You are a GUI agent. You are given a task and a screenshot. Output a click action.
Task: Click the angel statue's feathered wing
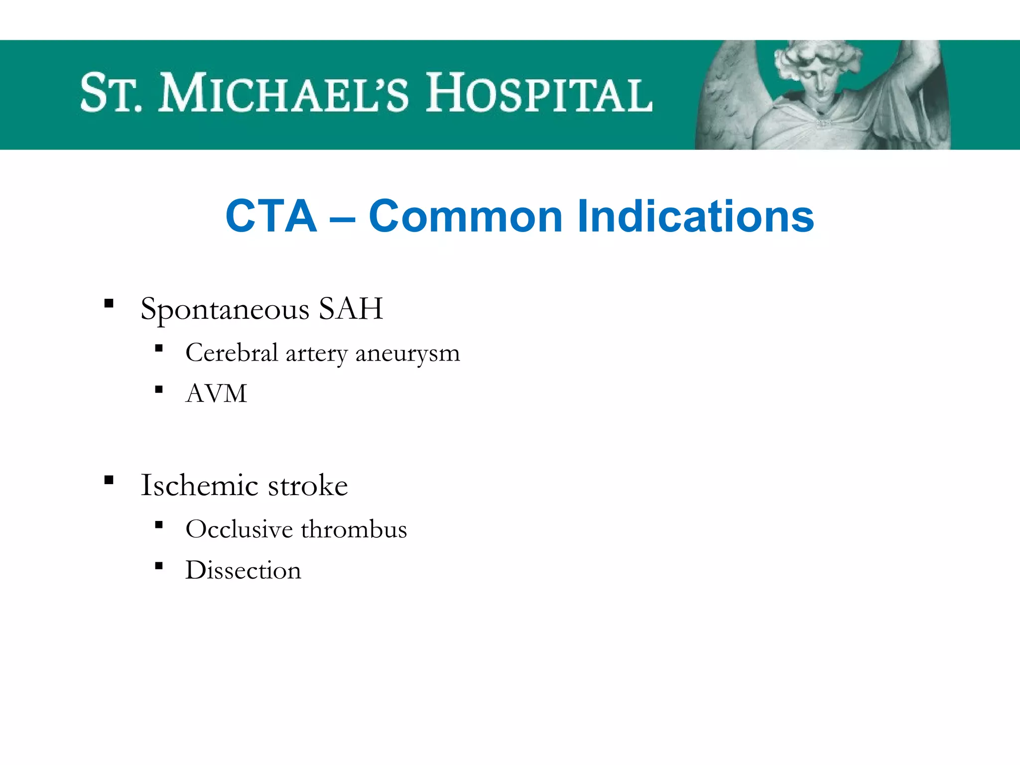pyautogui.click(x=727, y=100)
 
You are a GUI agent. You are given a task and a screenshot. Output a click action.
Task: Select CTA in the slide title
pyautogui.click(x=271, y=216)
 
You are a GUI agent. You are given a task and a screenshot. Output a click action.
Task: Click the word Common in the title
pyautogui.click(x=466, y=216)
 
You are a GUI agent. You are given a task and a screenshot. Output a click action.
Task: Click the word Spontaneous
pyautogui.click(x=225, y=309)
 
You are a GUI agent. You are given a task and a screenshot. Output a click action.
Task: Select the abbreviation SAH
pyautogui.click(x=351, y=308)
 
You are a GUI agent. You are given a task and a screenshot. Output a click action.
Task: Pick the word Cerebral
pyautogui.click(x=232, y=353)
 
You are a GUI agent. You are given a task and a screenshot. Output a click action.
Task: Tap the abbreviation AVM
pyautogui.click(x=216, y=393)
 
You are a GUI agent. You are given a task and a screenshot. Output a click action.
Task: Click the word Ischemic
pyautogui.click(x=200, y=485)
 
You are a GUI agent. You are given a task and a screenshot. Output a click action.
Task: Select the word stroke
pyautogui.click(x=308, y=485)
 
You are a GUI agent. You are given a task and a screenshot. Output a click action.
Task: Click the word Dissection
pyautogui.click(x=243, y=570)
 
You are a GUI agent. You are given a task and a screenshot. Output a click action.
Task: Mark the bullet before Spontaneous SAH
pyautogui.click(x=109, y=303)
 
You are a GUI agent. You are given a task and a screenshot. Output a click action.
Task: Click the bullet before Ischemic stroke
pyautogui.click(x=109, y=480)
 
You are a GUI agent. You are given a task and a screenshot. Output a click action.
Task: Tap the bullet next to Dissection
pyautogui.click(x=159, y=565)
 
